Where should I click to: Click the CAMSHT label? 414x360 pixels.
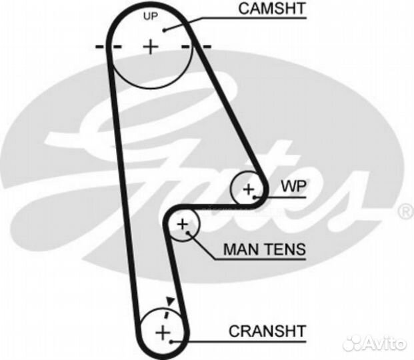point(272,9)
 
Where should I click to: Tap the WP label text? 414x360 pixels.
point(293,186)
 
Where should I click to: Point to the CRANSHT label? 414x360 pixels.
point(267,331)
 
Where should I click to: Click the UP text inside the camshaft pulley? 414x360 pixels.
point(151,17)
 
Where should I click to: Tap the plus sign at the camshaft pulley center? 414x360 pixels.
point(151,47)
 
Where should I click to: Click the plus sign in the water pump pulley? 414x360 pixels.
point(248,189)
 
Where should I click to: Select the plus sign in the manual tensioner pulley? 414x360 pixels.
point(183,225)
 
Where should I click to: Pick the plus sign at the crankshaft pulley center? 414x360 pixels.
point(163,333)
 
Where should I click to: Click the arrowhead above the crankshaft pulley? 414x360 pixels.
point(170,301)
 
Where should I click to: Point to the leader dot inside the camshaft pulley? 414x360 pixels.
point(164,31)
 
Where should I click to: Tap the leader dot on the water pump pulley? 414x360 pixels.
point(254,197)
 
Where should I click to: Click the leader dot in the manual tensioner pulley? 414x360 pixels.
point(188,233)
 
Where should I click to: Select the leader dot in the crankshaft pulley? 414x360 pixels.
point(171,342)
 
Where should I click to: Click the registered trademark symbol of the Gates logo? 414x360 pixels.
point(406,211)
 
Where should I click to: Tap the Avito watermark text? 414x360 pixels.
point(385,343)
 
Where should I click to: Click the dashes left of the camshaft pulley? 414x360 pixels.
point(108,47)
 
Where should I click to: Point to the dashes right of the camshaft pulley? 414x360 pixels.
point(197,47)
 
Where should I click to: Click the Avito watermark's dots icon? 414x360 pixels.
point(353,343)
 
